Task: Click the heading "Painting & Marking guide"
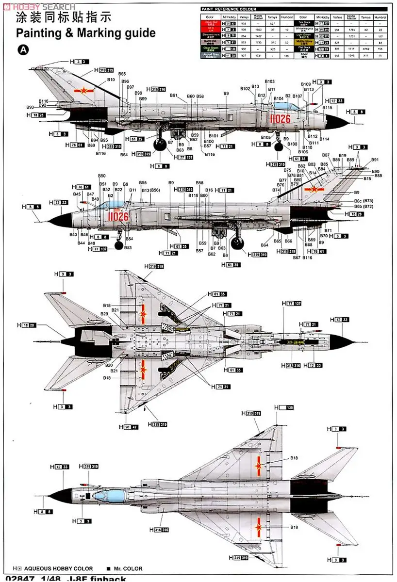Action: point(85,33)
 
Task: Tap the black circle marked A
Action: point(22,50)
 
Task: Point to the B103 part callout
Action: point(270,81)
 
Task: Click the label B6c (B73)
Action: point(364,200)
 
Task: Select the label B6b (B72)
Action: point(364,207)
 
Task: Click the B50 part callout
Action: point(101,176)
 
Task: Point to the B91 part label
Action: point(375,160)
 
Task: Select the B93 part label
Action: point(30,107)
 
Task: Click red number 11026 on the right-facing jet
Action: point(280,119)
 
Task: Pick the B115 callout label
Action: point(327,108)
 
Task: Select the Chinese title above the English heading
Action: point(64,17)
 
